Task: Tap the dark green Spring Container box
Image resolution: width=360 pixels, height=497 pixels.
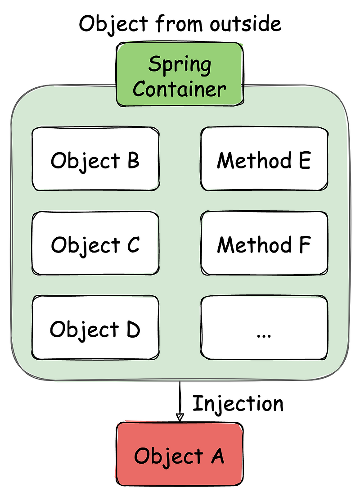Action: [x=180, y=75]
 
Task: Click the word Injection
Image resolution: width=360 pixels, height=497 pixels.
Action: [x=238, y=403]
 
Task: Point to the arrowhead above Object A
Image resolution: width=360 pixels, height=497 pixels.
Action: [x=180, y=417]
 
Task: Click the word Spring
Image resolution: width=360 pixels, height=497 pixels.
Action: [x=180, y=64]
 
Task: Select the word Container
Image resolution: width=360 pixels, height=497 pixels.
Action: [x=180, y=89]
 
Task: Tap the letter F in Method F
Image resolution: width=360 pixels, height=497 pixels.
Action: [x=305, y=244]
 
